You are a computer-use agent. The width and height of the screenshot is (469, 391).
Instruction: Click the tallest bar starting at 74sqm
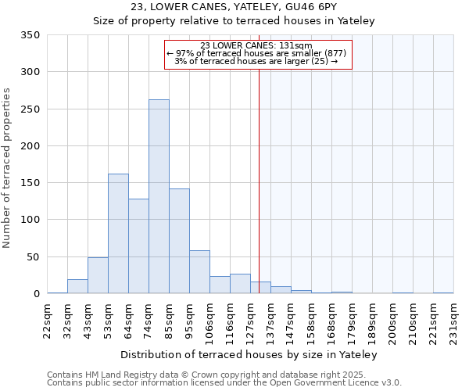pyautogui.click(x=159, y=196)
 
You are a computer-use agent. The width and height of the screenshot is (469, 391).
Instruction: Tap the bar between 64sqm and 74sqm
pyautogui.click(x=138, y=246)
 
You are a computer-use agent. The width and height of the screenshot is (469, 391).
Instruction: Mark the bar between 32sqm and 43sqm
pyautogui.click(x=77, y=286)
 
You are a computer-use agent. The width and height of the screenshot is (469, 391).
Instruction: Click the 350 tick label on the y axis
pyautogui.click(x=30, y=35)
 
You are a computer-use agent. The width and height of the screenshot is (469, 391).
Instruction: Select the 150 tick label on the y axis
pyautogui.click(x=30, y=183)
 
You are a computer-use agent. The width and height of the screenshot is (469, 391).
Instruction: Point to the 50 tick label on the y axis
pyautogui.click(x=33, y=256)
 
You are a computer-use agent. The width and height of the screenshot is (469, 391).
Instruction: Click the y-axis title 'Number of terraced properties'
pyautogui.click(x=7, y=167)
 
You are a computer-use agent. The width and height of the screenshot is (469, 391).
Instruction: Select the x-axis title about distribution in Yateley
pyautogui.click(x=250, y=354)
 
